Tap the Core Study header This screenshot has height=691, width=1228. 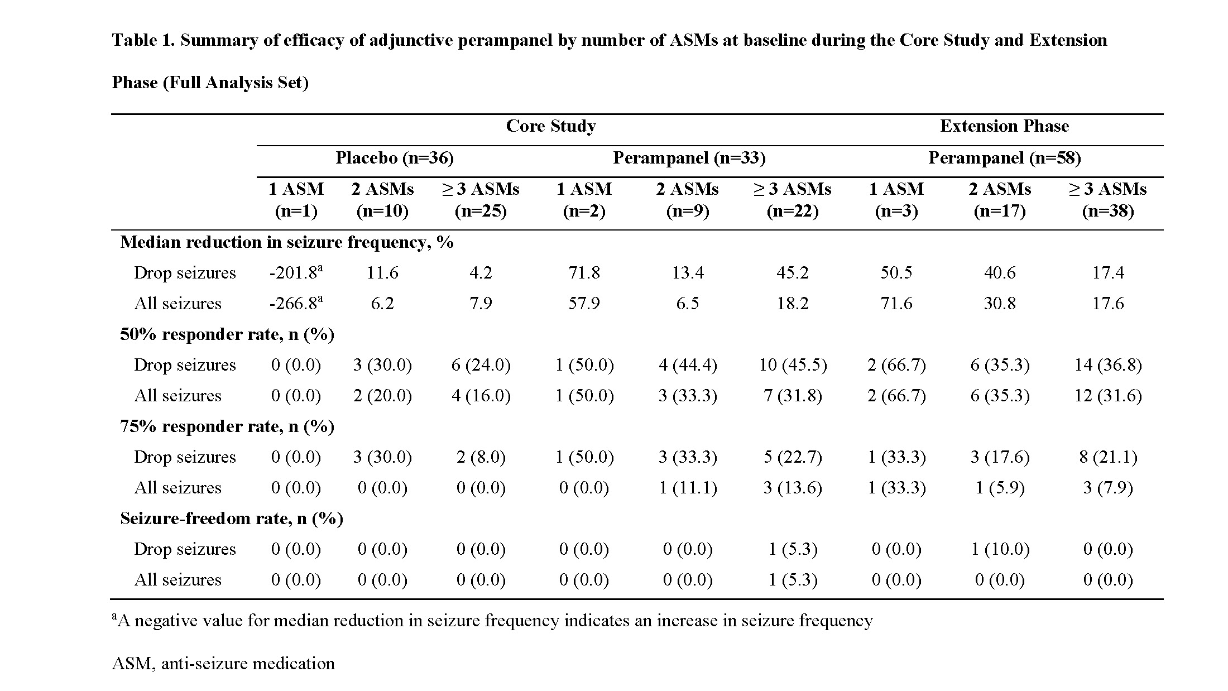[x=550, y=126]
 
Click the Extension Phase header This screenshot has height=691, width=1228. [x=1004, y=126]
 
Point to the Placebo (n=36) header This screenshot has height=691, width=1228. [x=394, y=158]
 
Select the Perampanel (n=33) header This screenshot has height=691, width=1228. [x=689, y=158]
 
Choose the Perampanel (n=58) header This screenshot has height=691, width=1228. [x=1004, y=158]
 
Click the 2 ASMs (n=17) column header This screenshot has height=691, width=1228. [x=999, y=200]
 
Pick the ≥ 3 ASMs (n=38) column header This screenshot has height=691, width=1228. [x=1107, y=200]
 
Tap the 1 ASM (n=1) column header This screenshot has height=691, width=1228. [x=296, y=200]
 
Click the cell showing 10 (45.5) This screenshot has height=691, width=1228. [x=793, y=364]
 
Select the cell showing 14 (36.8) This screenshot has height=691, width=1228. [x=1107, y=364]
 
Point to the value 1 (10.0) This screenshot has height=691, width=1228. [x=999, y=549]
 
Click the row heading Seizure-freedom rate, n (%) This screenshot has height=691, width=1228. [x=232, y=519]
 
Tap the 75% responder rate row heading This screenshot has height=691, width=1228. [x=227, y=426]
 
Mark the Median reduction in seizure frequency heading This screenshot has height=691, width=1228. [x=287, y=242]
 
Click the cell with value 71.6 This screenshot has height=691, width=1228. [x=896, y=303]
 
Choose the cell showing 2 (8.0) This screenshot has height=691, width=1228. [x=481, y=457]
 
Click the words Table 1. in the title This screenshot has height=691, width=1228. [x=143, y=40]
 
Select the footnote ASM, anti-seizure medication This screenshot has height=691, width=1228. [x=223, y=663]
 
